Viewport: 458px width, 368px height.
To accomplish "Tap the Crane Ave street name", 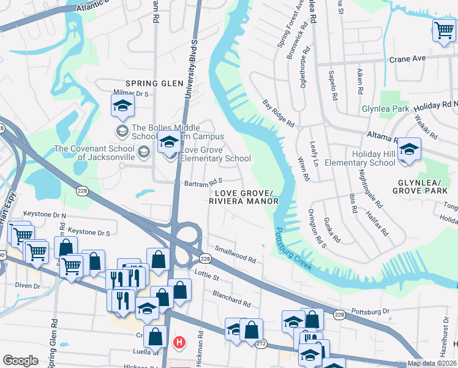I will tap(407, 59).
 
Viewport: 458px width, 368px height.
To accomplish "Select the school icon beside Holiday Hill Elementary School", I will tap(409, 150).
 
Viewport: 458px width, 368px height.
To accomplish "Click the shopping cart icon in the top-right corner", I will tap(443, 31).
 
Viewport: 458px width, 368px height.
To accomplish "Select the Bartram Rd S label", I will tap(203, 182).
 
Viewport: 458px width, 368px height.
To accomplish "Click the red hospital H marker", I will tap(179, 341).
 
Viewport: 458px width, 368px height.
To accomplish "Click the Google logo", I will tap(20, 360).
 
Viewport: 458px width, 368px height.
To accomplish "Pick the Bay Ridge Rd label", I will tap(279, 113).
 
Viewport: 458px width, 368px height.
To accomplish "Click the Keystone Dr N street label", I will tap(44, 214).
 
